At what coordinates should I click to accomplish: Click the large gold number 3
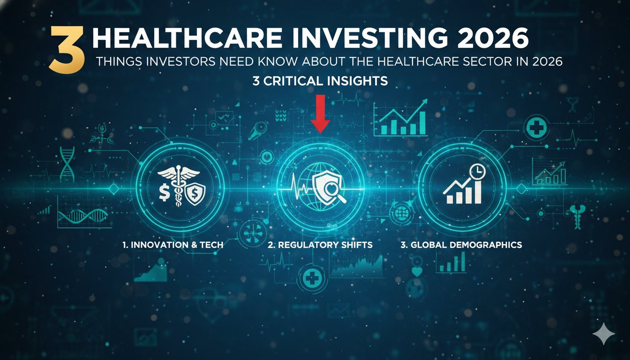pos(67,50)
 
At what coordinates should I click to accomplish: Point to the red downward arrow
pos(321,113)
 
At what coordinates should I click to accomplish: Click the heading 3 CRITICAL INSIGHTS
pos(320,81)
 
